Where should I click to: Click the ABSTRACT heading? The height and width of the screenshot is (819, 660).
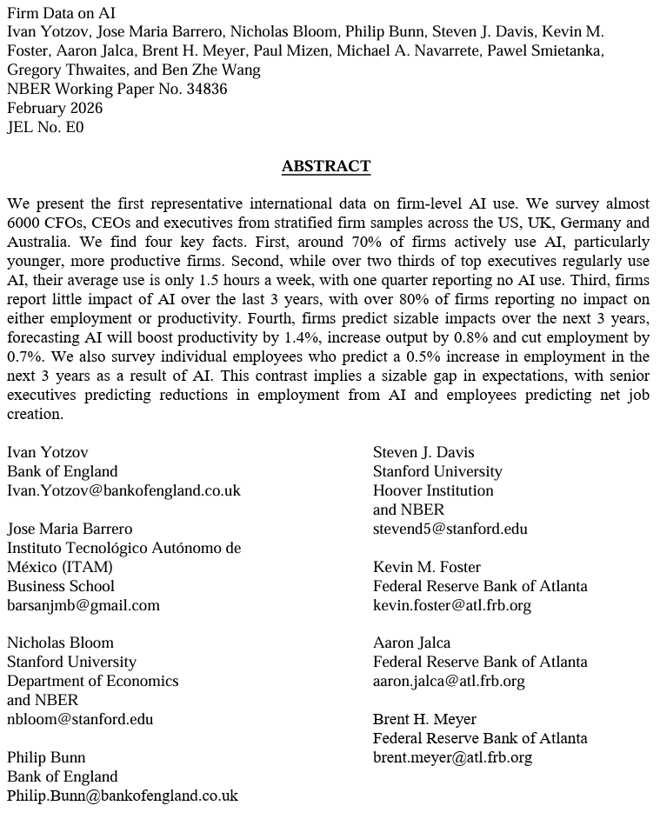[326, 166]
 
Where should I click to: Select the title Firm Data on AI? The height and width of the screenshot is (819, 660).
[61, 12]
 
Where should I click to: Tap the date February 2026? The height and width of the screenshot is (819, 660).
[55, 108]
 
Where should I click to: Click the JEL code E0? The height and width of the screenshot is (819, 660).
[75, 127]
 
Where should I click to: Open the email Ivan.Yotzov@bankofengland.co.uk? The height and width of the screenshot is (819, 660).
[123, 490]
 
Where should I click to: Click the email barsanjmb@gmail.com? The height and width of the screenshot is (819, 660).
[83, 605]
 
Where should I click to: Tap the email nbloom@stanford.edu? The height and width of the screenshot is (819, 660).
[80, 719]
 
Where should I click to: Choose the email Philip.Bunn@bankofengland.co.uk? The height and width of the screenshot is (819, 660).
[123, 796]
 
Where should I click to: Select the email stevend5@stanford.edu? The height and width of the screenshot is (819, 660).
[450, 529]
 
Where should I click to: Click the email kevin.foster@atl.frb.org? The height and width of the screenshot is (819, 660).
[451, 605]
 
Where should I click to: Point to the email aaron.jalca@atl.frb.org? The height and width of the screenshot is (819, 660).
[449, 681]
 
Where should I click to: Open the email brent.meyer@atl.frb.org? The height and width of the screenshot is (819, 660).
[452, 757]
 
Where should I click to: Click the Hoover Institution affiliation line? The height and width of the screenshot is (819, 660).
[433, 490]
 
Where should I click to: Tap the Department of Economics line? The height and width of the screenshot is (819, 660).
[93, 681]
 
